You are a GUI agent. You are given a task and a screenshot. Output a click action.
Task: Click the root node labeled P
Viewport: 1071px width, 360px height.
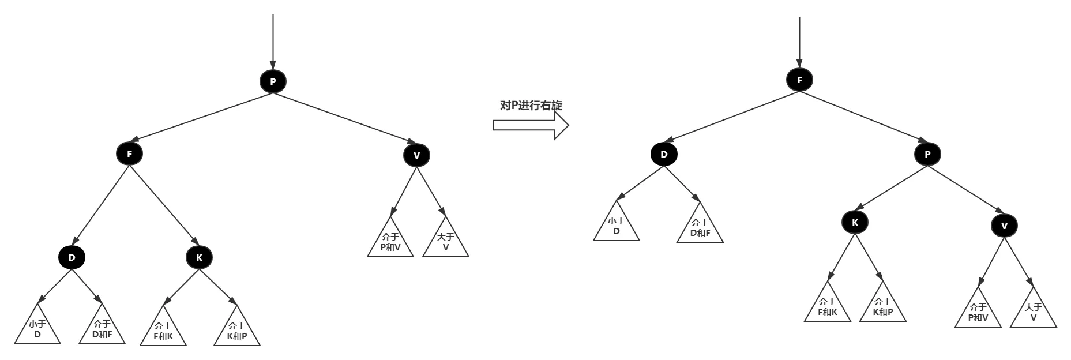click(273, 81)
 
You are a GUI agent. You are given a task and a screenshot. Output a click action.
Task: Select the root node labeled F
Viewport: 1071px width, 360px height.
click(799, 80)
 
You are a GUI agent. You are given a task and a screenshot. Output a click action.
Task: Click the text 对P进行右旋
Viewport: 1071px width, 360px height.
click(531, 106)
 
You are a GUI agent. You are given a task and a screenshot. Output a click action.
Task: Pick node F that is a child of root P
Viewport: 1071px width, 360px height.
click(129, 153)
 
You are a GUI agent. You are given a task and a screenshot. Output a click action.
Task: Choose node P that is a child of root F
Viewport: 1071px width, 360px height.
click(927, 154)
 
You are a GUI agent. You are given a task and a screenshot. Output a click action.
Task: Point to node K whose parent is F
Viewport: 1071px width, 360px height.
click(200, 257)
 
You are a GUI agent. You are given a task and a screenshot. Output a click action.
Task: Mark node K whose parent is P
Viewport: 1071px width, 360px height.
click(855, 222)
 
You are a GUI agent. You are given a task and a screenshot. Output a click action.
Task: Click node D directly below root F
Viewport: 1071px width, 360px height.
click(664, 154)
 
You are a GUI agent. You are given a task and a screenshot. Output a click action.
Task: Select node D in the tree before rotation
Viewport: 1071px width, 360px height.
click(72, 257)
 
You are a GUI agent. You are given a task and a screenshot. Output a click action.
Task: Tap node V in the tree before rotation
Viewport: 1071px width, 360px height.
click(416, 155)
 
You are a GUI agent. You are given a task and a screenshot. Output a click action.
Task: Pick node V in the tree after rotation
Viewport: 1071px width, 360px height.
click(1004, 226)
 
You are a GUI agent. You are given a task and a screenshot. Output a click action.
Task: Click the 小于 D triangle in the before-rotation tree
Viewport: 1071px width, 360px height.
click(37, 329)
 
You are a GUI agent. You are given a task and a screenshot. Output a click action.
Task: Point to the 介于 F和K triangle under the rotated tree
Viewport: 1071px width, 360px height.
click(828, 307)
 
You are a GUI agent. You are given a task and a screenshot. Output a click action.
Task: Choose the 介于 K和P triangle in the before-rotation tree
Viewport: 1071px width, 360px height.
click(237, 331)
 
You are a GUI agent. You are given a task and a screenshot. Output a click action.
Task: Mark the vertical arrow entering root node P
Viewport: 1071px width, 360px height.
click(273, 40)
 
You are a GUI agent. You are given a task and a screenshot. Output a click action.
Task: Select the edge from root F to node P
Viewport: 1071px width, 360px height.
click(863, 117)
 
